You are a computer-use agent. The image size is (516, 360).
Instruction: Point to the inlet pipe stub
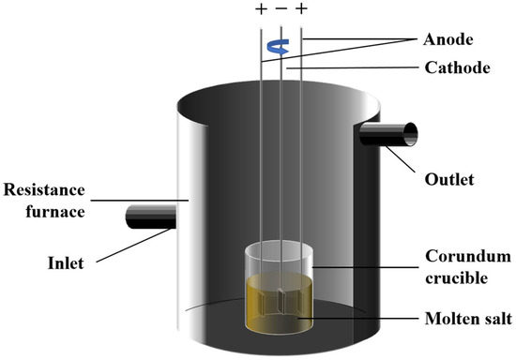[151, 218]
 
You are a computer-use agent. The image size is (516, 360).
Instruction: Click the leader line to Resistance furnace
[150, 199]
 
